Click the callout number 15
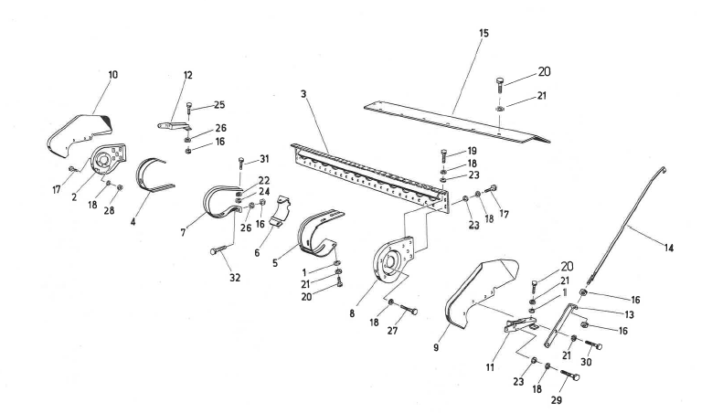(x=483, y=33)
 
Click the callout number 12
(x=187, y=74)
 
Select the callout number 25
(x=218, y=106)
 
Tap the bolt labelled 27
(x=407, y=311)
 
